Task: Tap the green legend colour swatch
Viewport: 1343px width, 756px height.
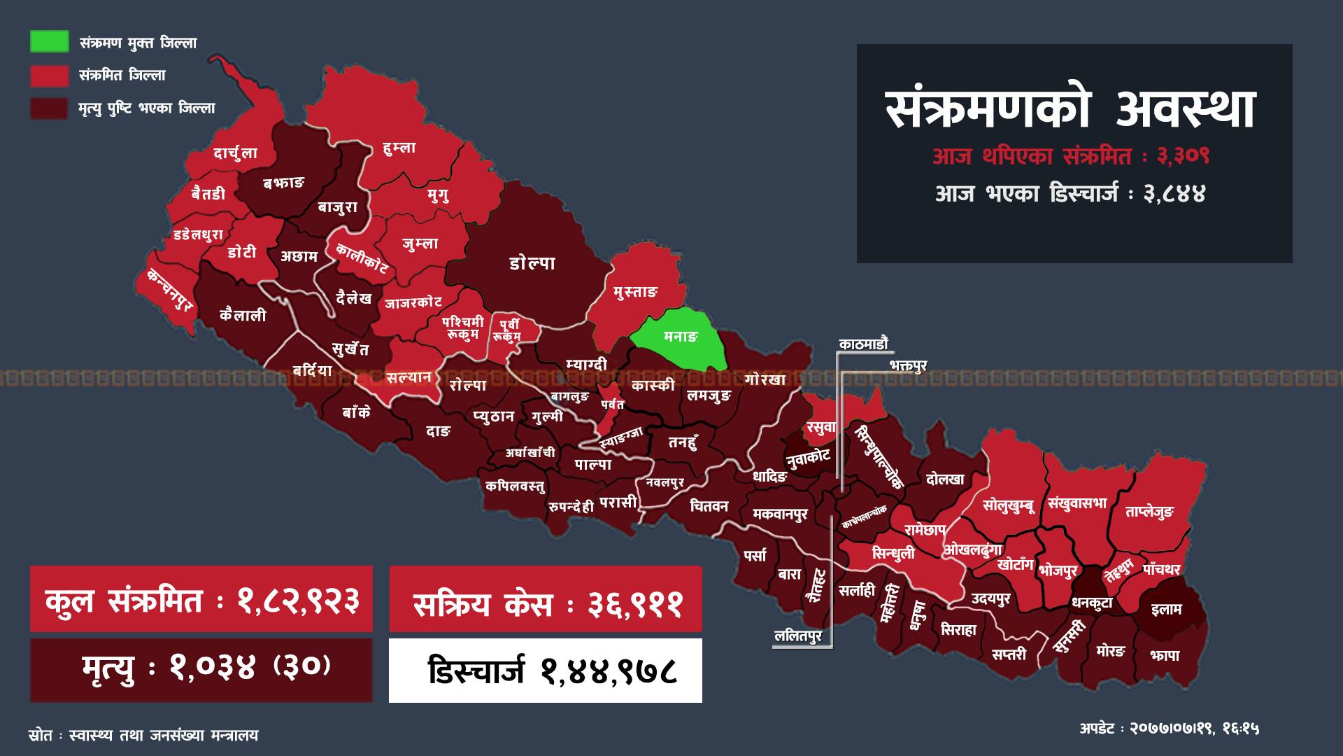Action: tap(50, 41)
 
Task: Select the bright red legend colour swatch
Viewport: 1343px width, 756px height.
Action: tap(50, 75)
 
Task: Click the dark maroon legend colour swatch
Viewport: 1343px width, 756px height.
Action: tap(50, 108)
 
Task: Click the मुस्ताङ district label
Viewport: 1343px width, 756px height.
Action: tap(636, 291)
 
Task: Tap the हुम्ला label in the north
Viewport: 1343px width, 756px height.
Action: tap(399, 148)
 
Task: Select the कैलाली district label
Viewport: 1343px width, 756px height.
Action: tap(243, 316)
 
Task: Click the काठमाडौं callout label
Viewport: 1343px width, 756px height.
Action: tap(864, 344)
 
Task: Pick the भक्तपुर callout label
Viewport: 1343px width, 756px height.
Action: tap(908, 365)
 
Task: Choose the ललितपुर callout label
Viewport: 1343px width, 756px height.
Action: tap(799, 636)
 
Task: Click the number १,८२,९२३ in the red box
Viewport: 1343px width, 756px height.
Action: tap(298, 601)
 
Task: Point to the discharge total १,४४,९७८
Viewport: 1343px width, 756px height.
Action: tap(609, 671)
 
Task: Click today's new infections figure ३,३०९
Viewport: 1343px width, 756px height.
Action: tap(1183, 156)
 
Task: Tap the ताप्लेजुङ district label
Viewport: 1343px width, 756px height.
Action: tap(1149, 512)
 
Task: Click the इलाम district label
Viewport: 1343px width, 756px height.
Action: tap(1166, 609)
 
